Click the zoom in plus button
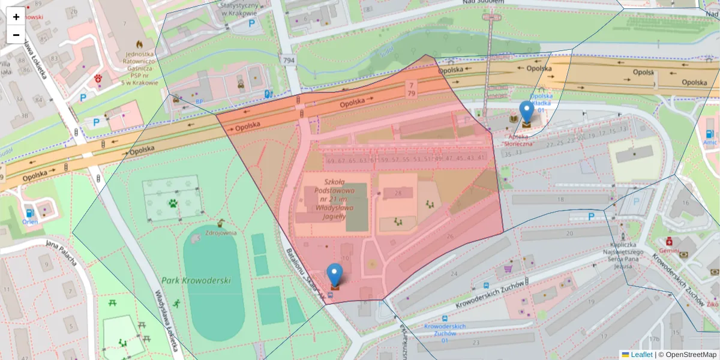[x=16, y=17]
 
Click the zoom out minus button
[x=16, y=35]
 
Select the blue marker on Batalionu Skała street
[x=335, y=275]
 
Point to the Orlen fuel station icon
[x=29, y=212]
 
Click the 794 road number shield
[x=289, y=60]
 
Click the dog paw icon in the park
[x=173, y=203]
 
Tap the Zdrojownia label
[x=221, y=233]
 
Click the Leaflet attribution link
[x=641, y=355]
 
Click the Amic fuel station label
[x=710, y=143]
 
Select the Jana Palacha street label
[x=62, y=254]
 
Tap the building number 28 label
[x=398, y=193]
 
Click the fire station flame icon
[x=140, y=44]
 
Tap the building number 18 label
[x=560, y=199]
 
